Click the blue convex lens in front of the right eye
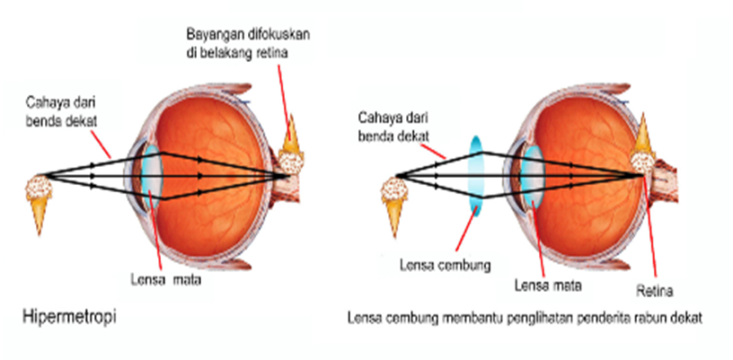pyautogui.click(x=475, y=174)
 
